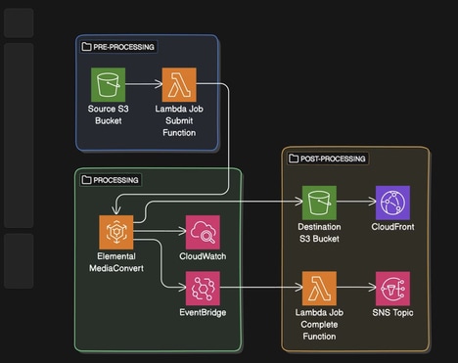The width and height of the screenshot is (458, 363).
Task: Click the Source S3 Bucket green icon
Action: (106, 83)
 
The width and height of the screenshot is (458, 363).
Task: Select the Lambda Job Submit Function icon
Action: (179, 83)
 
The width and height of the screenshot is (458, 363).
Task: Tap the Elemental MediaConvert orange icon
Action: (115, 232)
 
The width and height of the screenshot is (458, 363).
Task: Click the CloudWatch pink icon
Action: (202, 232)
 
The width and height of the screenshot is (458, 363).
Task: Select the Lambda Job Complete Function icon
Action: (319, 289)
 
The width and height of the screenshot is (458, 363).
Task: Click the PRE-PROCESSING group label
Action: (124, 47)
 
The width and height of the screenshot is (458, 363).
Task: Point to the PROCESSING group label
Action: (116, 180)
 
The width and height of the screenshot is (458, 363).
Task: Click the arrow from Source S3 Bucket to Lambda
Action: (142, 83)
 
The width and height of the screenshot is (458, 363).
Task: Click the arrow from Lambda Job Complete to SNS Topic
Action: (355, 289)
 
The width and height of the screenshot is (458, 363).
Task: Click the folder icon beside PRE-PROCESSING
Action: (87, 47)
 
